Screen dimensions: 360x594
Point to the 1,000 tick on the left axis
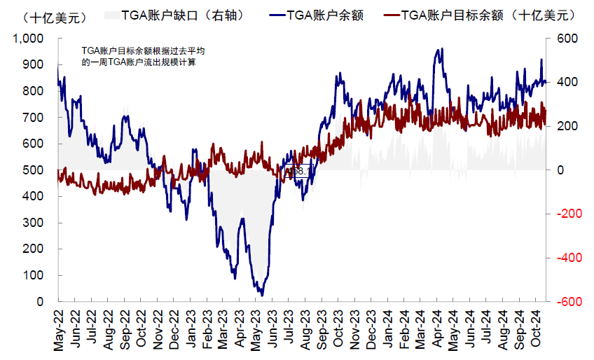pos(29,39)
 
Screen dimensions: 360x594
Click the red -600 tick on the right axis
pos(567,302)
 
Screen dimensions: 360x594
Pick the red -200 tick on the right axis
pos(567,214)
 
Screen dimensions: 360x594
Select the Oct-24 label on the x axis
pos(537,331)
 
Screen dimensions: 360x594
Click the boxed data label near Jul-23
pos(297,171)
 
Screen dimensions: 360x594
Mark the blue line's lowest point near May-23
pos(262,295)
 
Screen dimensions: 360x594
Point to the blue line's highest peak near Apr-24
pos(440,50)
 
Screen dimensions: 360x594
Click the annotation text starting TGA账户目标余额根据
pos(143,57)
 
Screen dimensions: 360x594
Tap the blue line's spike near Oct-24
pos(541,60)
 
